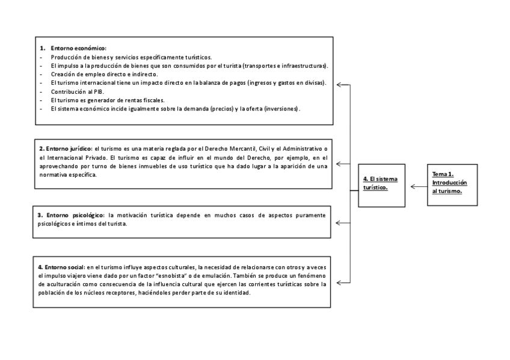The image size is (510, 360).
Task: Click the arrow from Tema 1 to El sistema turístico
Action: pyautogui.click(x=419, y=187)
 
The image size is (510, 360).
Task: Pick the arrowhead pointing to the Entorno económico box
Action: pyautogui.click(x=340, y=85)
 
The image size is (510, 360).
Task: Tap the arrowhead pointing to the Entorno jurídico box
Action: pyautogui.click(x=340, y=163)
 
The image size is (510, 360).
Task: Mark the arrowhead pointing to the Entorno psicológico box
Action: pyautogui.click(x=340, y=223)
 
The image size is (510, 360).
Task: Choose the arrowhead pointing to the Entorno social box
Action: pyautogui.click(x=340, y=282)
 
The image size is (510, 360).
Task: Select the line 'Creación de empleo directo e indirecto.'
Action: pyautogui.click(x=104, y=74)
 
